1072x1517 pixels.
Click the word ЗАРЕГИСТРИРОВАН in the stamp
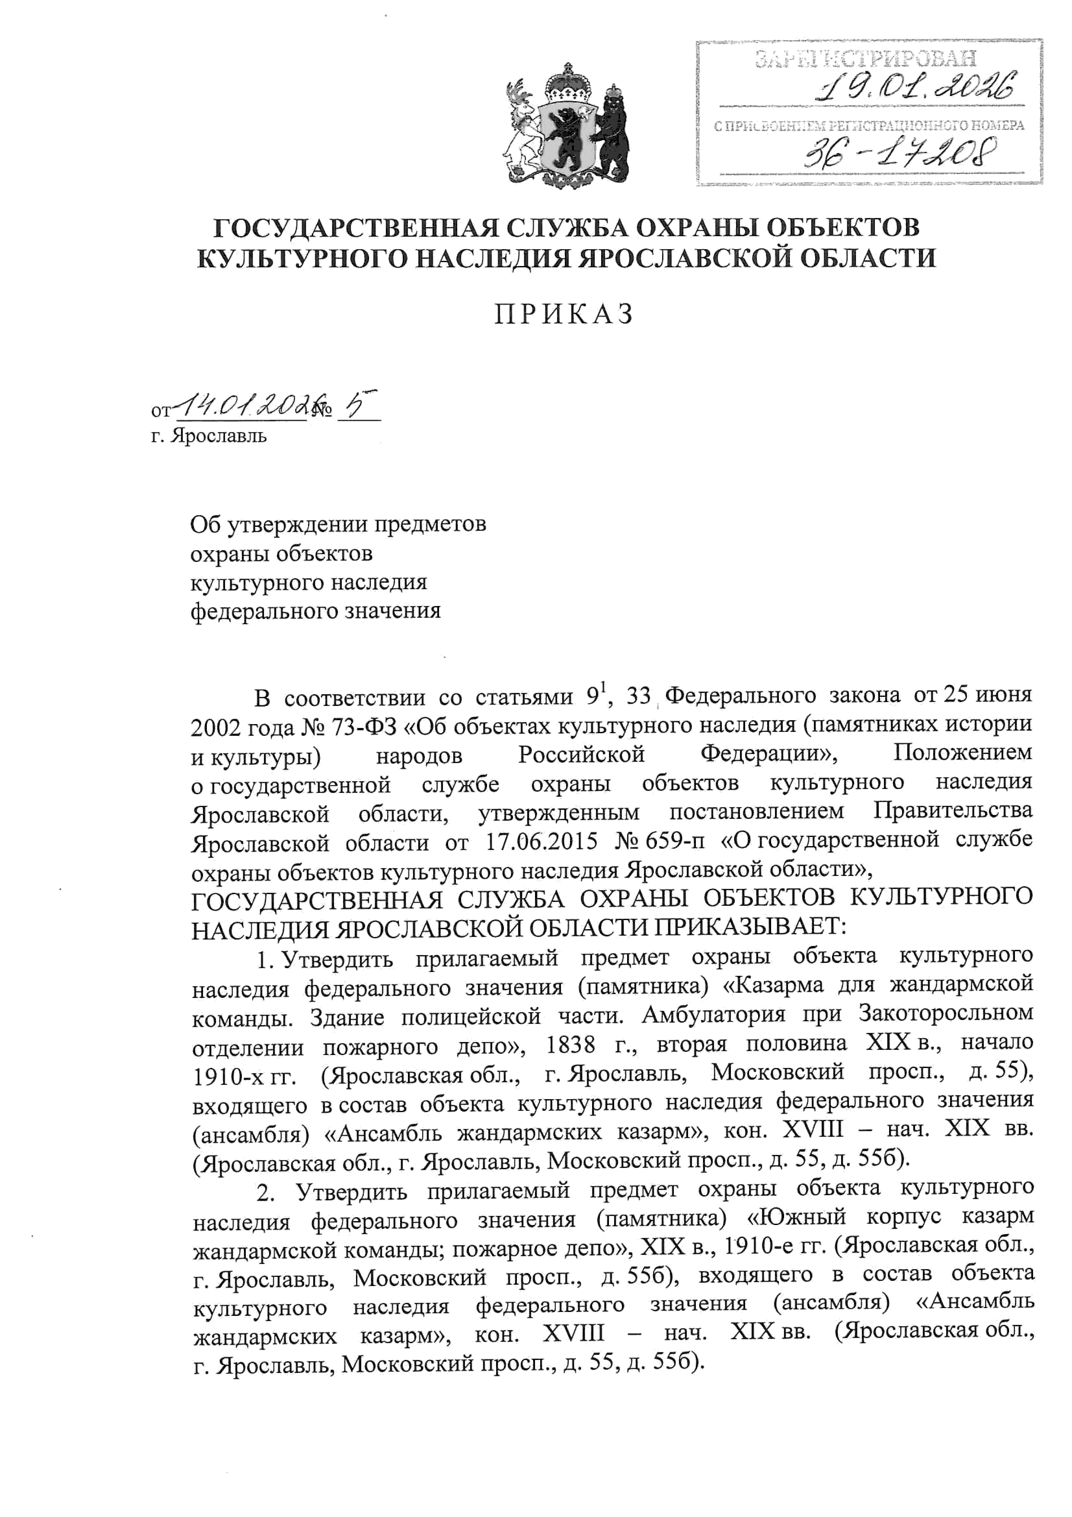[865, 59]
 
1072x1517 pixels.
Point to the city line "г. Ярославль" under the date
[209, 436]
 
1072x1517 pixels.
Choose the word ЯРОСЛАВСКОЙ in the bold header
[685, 258]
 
